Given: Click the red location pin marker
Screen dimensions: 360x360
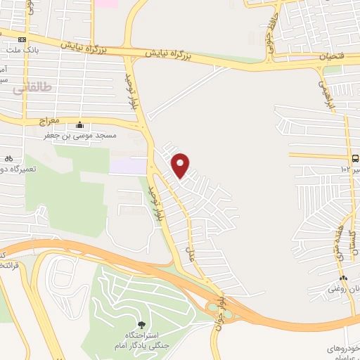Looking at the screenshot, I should point(181,165).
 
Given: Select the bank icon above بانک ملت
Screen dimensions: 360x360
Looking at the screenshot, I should point(22,39).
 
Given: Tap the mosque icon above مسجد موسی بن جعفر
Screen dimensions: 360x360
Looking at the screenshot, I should point(79,125).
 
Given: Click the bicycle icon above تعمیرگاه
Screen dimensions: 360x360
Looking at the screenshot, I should point(8,159).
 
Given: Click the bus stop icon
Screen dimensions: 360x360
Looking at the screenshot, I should point(354,158).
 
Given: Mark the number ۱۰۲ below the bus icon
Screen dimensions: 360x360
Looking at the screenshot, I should point(346,169).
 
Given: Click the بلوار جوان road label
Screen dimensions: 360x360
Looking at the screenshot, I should point(222,307).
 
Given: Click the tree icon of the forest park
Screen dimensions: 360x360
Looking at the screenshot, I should point(142,324).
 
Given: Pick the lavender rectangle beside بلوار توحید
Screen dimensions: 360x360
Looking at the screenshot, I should point(127,166).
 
